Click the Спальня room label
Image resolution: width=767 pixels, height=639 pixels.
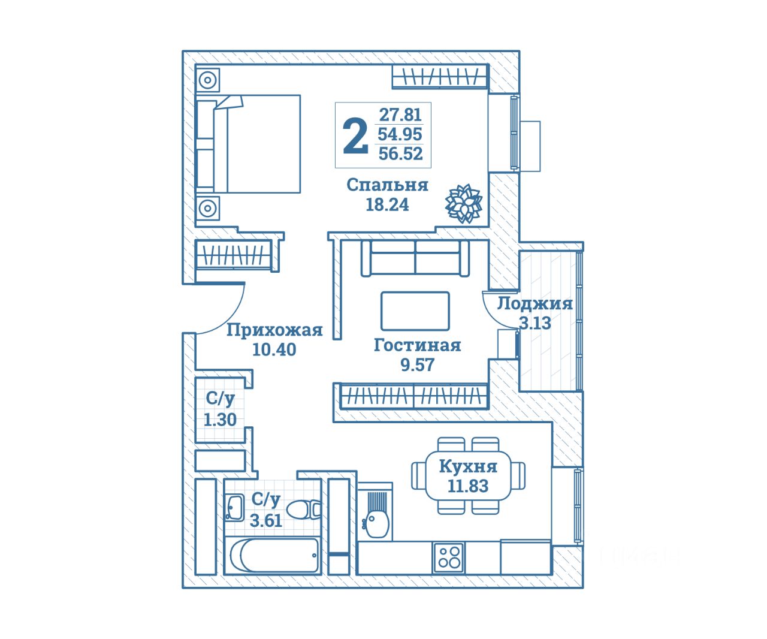387,185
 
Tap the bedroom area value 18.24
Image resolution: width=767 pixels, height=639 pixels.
387,204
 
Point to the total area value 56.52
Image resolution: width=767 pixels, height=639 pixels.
400,154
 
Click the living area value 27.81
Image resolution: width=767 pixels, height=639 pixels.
400,114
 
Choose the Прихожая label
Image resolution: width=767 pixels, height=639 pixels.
274,330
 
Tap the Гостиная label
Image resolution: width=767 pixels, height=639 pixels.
417,345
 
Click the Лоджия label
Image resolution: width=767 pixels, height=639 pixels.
535,303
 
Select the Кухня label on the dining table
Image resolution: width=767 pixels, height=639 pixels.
468,466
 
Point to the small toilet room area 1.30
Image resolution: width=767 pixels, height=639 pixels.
220,420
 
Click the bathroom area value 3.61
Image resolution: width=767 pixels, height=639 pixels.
265,520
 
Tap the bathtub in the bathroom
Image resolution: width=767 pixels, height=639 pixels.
273,556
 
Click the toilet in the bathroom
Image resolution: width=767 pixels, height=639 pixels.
304,510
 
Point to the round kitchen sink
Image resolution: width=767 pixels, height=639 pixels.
376,525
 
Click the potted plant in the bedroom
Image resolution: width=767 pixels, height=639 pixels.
464,204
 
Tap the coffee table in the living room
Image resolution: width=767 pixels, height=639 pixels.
415,311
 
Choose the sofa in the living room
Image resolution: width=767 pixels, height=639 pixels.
415,258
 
